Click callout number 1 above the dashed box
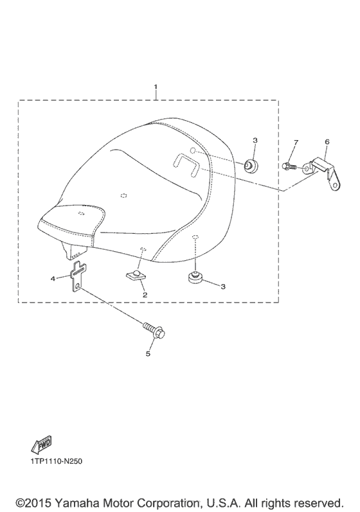pos(156,87)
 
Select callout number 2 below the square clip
pos(145,295)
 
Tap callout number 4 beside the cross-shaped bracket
pos(53,279)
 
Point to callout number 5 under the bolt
pos(148,353)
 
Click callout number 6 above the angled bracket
pos(327,142)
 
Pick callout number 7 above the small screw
pos(296,142)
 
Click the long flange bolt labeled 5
pos(154,330)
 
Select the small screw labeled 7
pos(289,166)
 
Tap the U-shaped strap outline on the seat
pos(186,164)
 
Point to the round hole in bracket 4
pos(77,287)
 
